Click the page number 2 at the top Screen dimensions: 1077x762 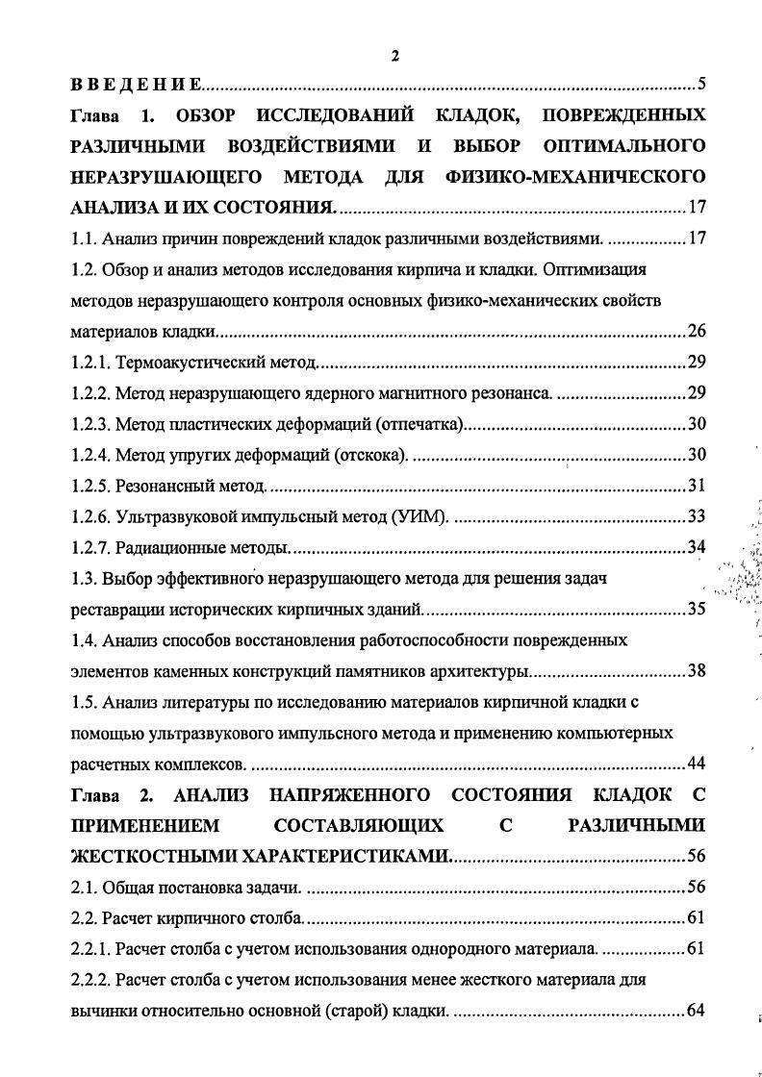point(394,57)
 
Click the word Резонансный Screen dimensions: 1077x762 point(165,486)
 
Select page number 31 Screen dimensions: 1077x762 point(697,486)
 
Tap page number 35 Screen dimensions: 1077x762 point(697,609)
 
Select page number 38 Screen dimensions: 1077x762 point(697,671)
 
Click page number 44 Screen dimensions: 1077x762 point(697,764)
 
